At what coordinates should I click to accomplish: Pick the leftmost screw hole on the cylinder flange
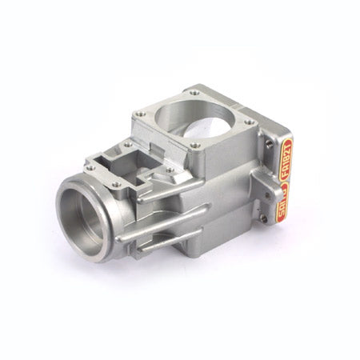click(x=142, y=114)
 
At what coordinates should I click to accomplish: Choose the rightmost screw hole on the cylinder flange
click(x=250, y=122)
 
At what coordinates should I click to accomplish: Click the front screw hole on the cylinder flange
click(x=194, y=145)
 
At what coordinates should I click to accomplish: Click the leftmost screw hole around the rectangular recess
click(x=90, y=167)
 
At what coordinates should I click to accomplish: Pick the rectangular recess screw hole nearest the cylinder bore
click(x=127, y=145)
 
